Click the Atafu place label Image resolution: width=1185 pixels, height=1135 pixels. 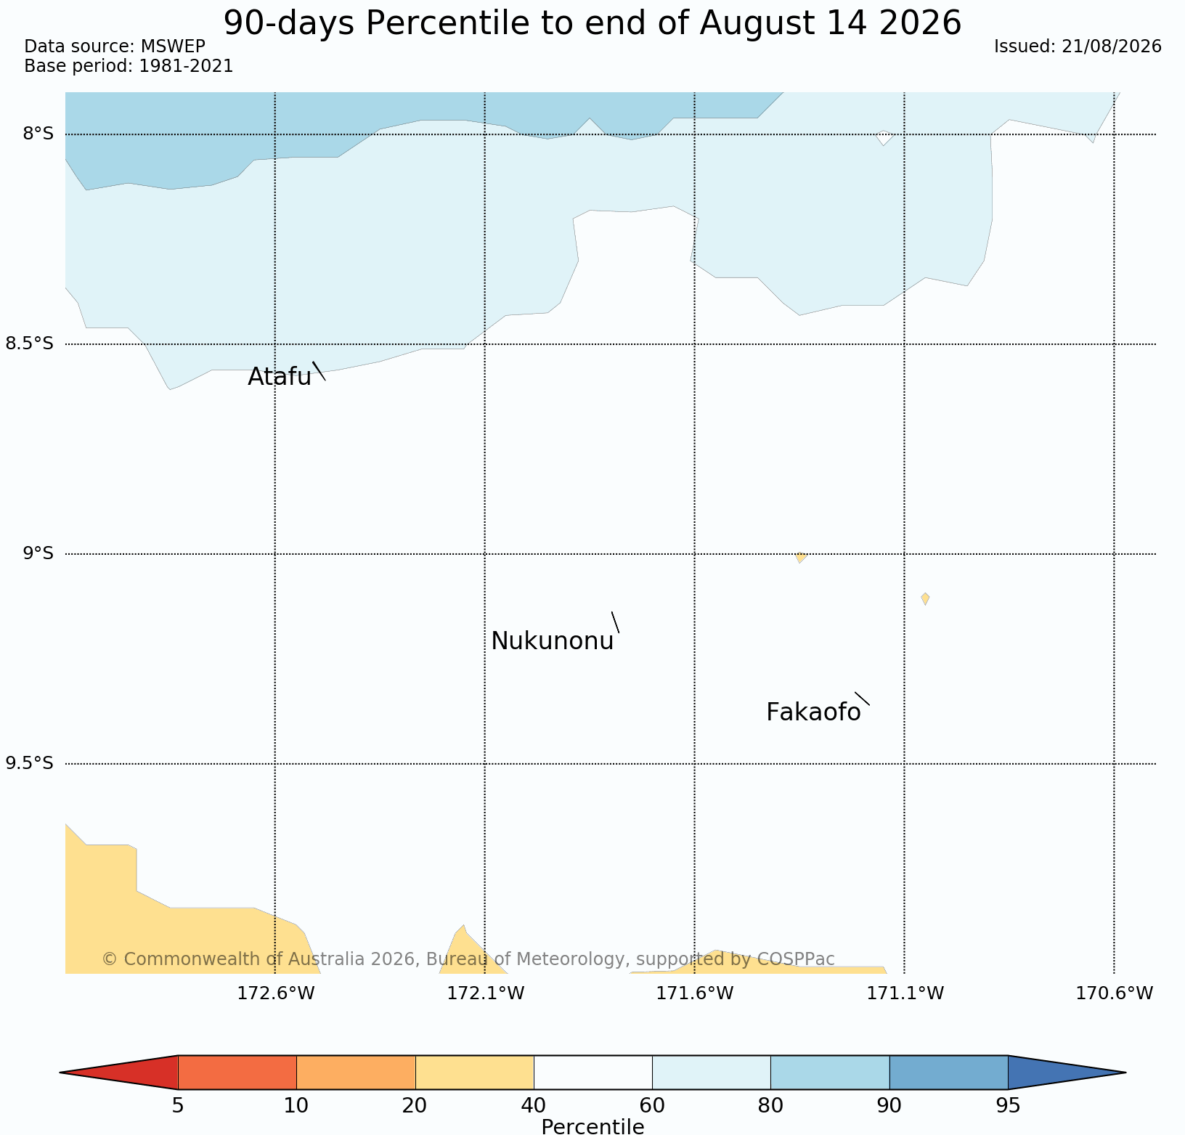point(280,377)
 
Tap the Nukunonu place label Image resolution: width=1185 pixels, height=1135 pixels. point(553,641)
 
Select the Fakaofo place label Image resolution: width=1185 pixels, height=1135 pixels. point(813,712)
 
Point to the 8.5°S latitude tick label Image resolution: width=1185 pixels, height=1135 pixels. point(30,343)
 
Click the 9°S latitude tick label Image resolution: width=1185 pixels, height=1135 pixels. point(38,553)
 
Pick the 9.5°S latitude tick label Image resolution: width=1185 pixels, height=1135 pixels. point(30,763)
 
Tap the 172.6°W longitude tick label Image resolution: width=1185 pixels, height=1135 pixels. point(276,993)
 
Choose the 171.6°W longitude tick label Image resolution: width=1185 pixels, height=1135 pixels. point(695,993)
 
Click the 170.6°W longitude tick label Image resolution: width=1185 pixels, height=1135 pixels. point(1114,993)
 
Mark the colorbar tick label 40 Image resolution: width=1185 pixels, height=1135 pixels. point(534,1106)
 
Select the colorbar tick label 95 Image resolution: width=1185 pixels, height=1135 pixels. point(1008,1106)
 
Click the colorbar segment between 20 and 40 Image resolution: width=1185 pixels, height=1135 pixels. point(475,1073)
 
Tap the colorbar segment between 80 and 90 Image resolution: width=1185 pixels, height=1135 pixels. point(830,1073)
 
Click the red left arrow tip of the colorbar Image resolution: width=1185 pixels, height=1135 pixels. point(60,1073)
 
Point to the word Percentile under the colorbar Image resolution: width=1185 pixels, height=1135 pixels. point(592,1126)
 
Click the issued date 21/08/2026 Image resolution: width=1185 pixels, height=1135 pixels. point(1111,46)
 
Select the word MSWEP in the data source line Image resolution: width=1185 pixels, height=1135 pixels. point(173,46)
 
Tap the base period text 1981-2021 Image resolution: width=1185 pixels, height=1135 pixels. point(186,66)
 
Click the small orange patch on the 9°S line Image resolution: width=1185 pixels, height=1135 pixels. point(800,557)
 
